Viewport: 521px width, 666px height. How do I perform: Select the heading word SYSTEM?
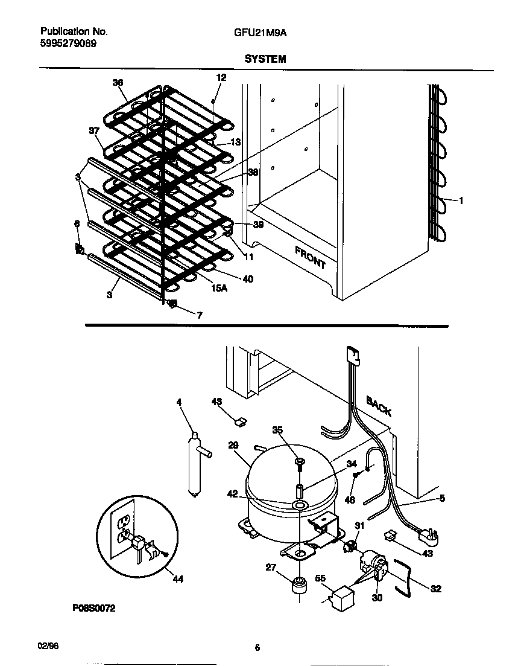tap(265, 59)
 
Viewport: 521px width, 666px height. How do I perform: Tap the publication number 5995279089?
tap(68, 43)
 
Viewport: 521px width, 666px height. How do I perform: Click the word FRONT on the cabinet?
tap(310, 257)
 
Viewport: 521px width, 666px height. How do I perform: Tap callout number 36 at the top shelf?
tap(117, 83)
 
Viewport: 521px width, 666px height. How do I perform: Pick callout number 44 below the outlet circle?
tap(177, 579)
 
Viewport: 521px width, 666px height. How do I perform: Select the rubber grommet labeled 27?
tap(297, 586)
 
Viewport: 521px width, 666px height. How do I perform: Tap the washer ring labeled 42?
tap(298, 505)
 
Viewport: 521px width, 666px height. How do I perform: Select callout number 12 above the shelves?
tap(221, 77)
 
